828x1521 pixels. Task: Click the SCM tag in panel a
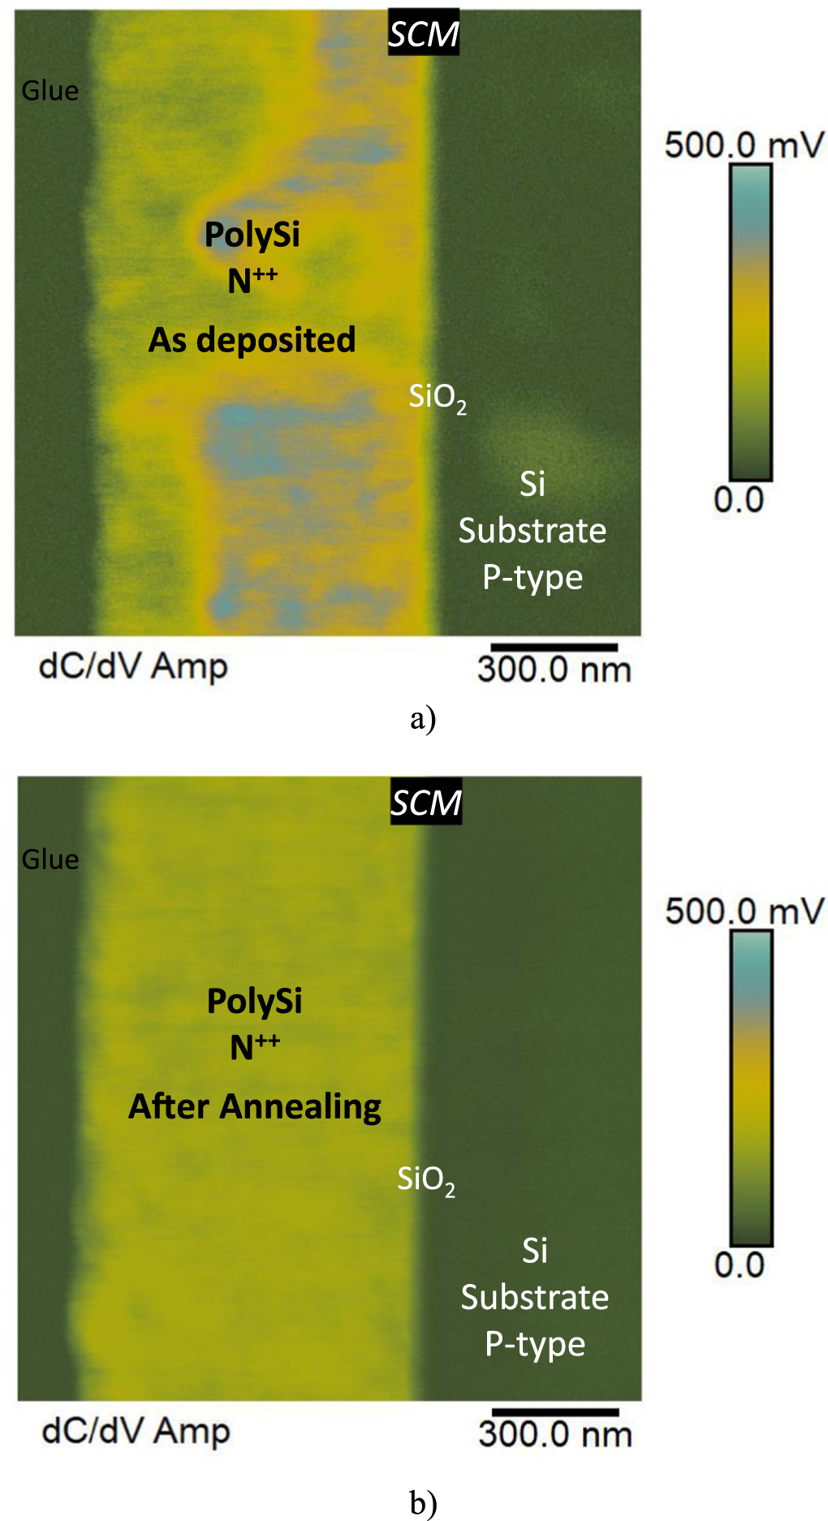pyautogui.click(x=423, y=34)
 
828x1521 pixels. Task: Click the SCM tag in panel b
pyautogui.click(x=425, y=803)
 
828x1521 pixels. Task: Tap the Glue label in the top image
pyautogui.click(x=50, y=90)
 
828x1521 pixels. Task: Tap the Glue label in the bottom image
pyautogui.click(x=50, y=859)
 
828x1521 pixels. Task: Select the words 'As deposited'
pyautogui.click(x=252, y=339)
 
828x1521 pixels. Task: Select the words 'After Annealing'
pyautogui.click(x=255, y=1106)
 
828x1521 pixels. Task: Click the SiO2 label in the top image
pyautogui.click(x=438, y=397)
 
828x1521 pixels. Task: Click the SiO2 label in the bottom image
pyautogui.click(x=426, y=1179)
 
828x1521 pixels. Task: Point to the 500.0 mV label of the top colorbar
pyautogui.click(x=743, y=145)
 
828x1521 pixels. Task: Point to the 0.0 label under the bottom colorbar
pyautogui.click(x=739, y=1265)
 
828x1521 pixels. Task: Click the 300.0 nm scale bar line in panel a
pyautogui.click(x=554, y=647)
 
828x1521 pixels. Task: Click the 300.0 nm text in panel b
pyautogui.click(x=555, y=1434)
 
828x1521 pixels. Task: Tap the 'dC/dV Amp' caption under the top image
pyautogui.click(x=133, y=666)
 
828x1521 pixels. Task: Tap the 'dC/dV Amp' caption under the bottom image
pyautogui.click(x=136, y=1431)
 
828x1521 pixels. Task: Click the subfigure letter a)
pyautogui.click(x=423, y=718)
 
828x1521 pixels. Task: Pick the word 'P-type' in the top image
pyautogui.click(x=533, y=577)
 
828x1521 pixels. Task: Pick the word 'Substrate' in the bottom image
pyautogui.click(x=535, y=1297)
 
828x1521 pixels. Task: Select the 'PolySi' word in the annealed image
pyautogui.click(x=255, y=1001)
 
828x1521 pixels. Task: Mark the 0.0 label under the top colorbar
pyautogui.click(x=739, y=499)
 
